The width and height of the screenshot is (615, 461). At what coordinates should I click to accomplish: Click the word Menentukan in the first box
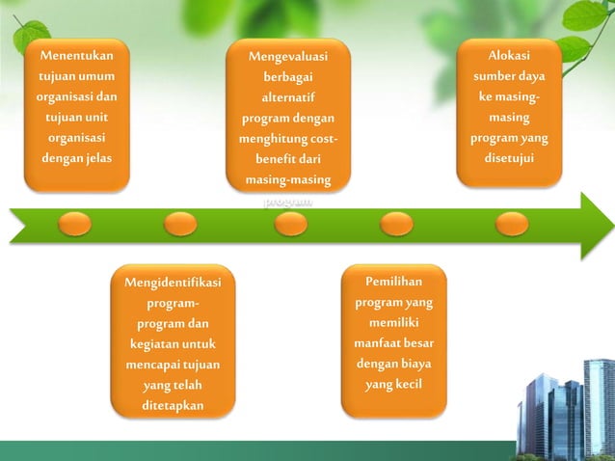pyautogui.click(x=76, y=56)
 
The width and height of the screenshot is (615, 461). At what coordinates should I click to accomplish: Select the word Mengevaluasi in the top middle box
pyautogui.click(x=288, y=57)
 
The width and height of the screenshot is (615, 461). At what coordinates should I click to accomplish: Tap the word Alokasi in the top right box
pyautogui.click(x=508, y=55)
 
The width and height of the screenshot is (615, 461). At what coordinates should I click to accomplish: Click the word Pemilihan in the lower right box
pyautogui.click(x=393, y=282)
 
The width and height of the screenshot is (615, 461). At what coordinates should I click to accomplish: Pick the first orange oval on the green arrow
pyautogui.click(x=75, y=224)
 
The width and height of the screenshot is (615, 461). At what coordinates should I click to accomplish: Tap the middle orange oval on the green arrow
pyautogui.click(x=290, y=224)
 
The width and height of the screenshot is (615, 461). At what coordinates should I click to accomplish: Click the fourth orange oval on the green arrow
pyautogui.click(x=396, y=224)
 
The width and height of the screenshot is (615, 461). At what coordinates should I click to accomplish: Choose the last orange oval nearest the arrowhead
pyautogui.click(x=512, y=224)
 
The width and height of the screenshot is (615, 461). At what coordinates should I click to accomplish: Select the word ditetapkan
pyautogui.click(x=173, y=406)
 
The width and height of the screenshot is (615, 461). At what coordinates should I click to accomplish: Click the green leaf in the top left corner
pyautogui.click(x=29, y=37)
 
